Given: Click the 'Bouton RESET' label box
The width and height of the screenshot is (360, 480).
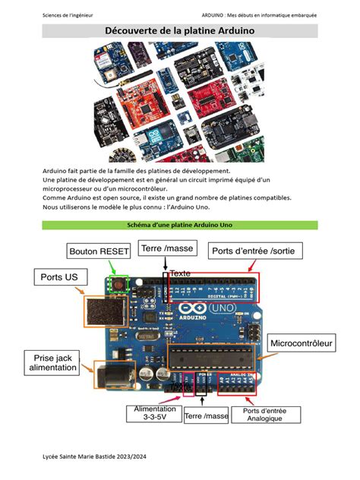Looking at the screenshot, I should pyautogui.click(x=99, y=251).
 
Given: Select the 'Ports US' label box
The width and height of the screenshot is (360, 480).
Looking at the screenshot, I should pyautogui.click(x=59, y=278).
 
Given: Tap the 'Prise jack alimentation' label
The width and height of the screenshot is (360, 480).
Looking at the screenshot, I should pyautogui.click(x=53, y=362).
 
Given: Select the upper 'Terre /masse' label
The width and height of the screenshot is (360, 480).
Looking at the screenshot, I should pyautogui.click(x=168, y=248).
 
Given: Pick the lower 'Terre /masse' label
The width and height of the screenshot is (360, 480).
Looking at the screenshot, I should pyautogui.click(x=206, y=415).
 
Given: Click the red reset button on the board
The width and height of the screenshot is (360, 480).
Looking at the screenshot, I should pyautogui.click(x=118, y=285).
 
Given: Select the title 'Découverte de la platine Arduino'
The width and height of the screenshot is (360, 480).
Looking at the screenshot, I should pyautogui.click(x=179, y=30).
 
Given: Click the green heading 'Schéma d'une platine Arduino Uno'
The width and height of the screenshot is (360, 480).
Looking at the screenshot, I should pyautogui.click(x=179, y=226).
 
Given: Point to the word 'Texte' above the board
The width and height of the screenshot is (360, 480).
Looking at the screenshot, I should pyautogui.click(x=180, y=273).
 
